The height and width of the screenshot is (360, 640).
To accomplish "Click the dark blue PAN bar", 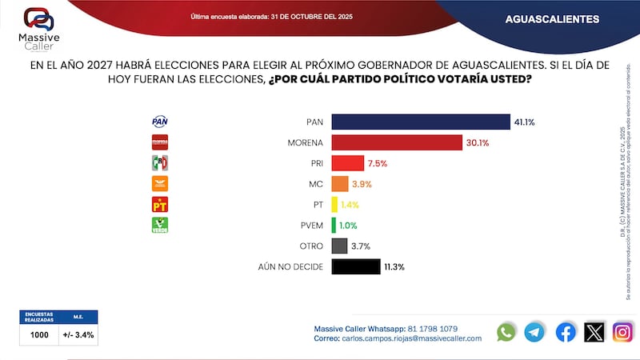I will coord(420,122).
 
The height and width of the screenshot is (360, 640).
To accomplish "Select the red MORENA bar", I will coord(397,142).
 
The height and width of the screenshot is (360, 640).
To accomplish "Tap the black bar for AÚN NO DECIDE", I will coord(354,267).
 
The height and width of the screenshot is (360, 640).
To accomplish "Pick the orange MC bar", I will coord(339,184).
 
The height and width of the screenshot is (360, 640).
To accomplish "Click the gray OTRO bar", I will coord(338,246).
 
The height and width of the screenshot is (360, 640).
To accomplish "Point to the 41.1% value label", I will coord(525,122).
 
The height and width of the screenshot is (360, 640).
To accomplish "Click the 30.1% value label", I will coord(478,142).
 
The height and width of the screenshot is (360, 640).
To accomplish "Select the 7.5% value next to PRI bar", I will coord(378,163).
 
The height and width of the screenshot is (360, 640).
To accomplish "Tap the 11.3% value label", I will coord(393,267).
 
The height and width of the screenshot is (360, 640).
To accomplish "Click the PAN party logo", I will coord(160,122).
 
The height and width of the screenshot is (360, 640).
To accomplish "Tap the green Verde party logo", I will coord(160,226).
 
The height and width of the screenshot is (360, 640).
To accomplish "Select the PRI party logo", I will coord(160,163).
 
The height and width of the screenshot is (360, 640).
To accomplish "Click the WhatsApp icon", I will coord(506,331).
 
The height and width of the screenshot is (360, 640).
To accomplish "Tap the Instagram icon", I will coord(622,331).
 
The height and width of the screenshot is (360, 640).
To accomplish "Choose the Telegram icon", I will coord(534,331).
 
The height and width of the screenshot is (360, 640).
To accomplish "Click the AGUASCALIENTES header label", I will coord(553,18).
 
